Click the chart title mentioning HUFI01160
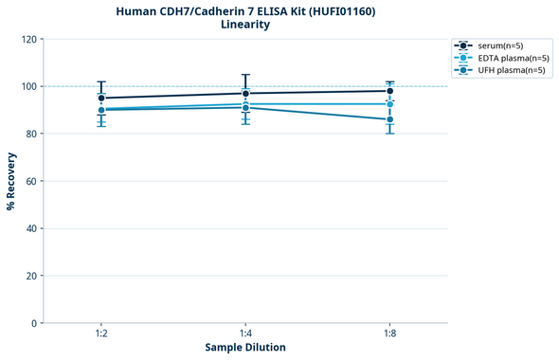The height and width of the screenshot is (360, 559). point(245,10)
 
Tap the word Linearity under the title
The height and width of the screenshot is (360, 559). point(245,25)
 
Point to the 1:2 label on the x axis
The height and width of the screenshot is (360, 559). point(101,334)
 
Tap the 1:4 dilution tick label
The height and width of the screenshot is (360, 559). point(245,334)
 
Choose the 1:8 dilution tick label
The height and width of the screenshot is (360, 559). point(389,334)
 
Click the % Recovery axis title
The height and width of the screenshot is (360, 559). point(11,181)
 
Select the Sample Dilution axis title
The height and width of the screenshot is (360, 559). point(245,348)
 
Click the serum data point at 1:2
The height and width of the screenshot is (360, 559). point(101,98)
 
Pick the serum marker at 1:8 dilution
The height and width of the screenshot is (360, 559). point(389,91)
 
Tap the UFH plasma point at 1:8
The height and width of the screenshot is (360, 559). point(389,119)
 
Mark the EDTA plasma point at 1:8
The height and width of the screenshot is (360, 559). point(389,104)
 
